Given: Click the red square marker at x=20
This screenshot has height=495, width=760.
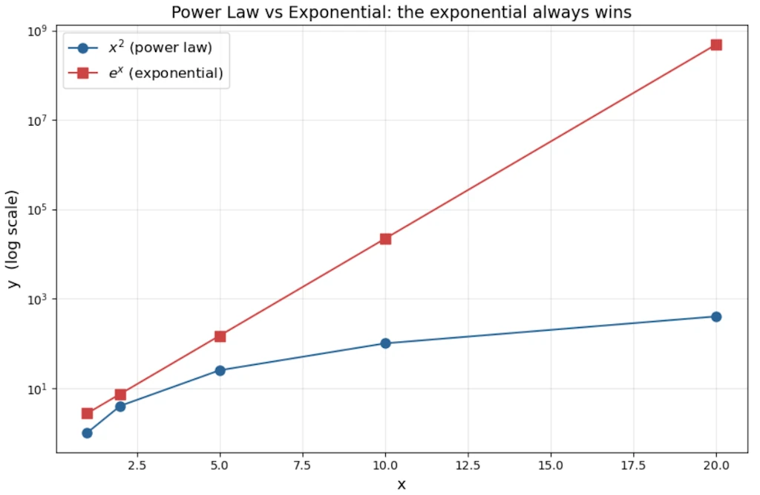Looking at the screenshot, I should click(716, 45).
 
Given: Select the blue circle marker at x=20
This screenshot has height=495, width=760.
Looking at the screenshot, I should click(716, 317).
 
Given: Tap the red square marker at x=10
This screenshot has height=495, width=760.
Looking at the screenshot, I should click(385, 239).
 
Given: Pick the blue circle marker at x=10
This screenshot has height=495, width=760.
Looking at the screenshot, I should click(385, 343).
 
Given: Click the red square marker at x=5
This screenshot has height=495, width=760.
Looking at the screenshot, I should click(220, 336).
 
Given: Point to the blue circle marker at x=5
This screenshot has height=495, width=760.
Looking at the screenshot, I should click(220, 370).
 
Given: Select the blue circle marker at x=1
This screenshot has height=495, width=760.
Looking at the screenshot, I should click(87, 433).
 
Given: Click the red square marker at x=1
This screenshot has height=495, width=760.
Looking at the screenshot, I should click(87, 413).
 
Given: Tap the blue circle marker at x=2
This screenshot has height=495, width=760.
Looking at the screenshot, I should click(120, 406).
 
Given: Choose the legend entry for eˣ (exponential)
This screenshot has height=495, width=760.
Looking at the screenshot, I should click(166, 73).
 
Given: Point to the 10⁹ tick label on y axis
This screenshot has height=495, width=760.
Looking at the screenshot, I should click(37, 30).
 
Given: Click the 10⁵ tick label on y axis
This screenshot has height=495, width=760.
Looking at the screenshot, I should click(37, 210).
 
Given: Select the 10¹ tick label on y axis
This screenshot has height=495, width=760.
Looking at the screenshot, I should click(37, 389).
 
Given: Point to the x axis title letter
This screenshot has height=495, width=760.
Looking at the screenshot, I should click(402, 485).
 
